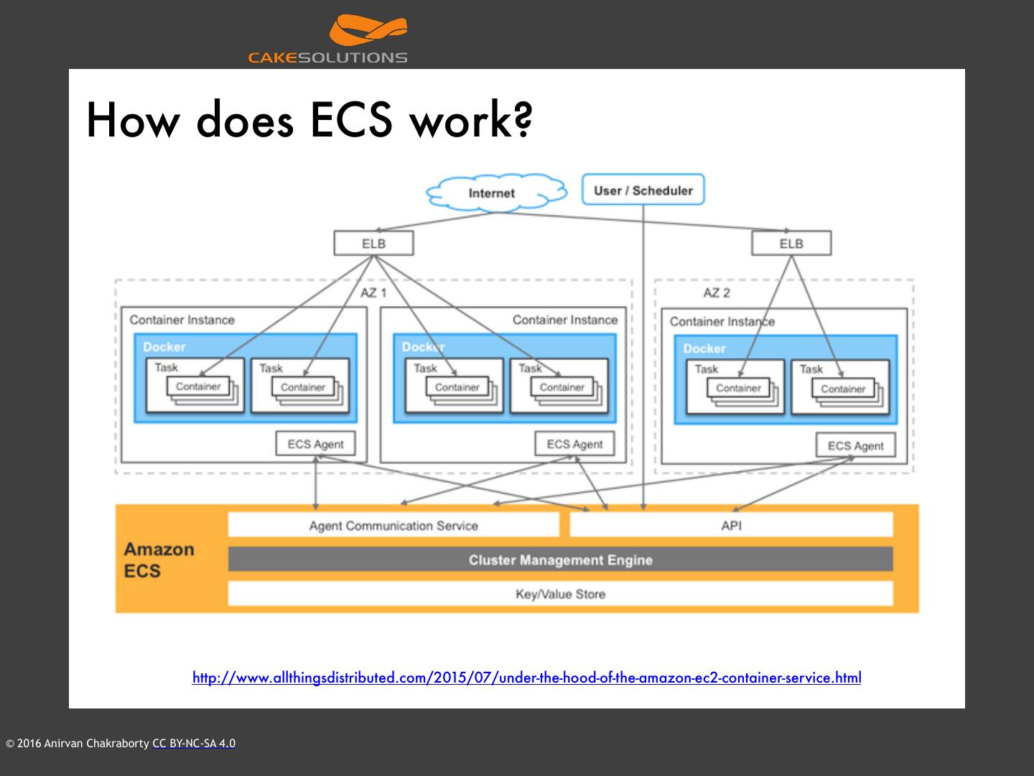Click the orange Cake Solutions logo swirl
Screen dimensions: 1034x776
(368, 29)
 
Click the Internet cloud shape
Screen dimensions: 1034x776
(496, 193)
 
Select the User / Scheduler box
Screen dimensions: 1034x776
(643, 190)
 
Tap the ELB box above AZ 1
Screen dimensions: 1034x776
(373, 243)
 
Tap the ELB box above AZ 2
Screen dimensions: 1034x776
(791, 243)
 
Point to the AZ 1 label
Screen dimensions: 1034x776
(373, 293)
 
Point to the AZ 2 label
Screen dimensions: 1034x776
(717, 293)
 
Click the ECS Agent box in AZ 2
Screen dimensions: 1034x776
(856, 445)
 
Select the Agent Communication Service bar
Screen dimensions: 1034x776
(393, 525)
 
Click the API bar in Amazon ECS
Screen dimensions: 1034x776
(732, 525)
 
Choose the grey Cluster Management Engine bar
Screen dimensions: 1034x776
(561, 559)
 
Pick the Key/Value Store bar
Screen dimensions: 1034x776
(561, 593)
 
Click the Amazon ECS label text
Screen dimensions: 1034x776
(159, 560)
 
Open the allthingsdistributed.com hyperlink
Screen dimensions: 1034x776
(526, 678)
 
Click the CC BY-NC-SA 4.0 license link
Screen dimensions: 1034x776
(194, 743)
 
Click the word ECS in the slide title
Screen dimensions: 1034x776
(351, 120)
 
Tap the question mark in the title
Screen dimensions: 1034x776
(523, 119)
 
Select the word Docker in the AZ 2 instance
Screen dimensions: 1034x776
(704, 348)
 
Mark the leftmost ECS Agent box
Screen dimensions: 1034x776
(316, 444)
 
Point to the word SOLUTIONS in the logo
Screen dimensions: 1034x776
(353, 57)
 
